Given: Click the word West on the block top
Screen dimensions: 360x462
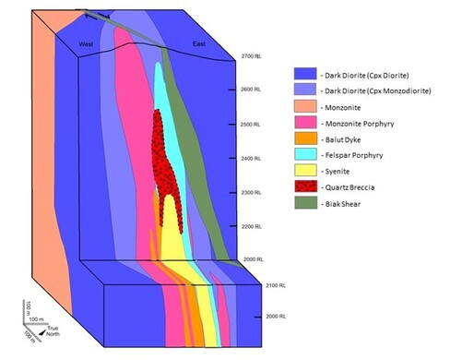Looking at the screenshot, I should pos(86,43).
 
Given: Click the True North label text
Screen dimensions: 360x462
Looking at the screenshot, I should pos(48,329).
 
